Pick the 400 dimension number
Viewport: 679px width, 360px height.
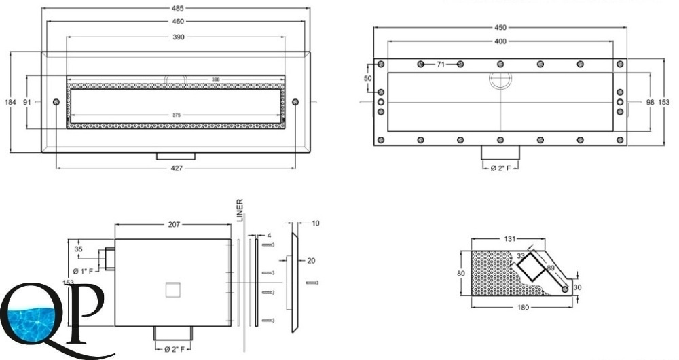(x=500, y=41)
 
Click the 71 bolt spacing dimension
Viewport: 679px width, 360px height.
(x=440, y=64)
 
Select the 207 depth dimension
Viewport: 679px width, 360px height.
(x=173, y=225)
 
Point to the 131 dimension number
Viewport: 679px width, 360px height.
(x=510, y=239)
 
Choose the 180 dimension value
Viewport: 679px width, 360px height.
(x=522, y=308)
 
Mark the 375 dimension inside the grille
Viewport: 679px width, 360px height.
(x=175, y=115)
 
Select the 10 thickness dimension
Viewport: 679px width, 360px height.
(x=316, y=223)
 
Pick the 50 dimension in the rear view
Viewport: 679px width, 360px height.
(x=367, y=79)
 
